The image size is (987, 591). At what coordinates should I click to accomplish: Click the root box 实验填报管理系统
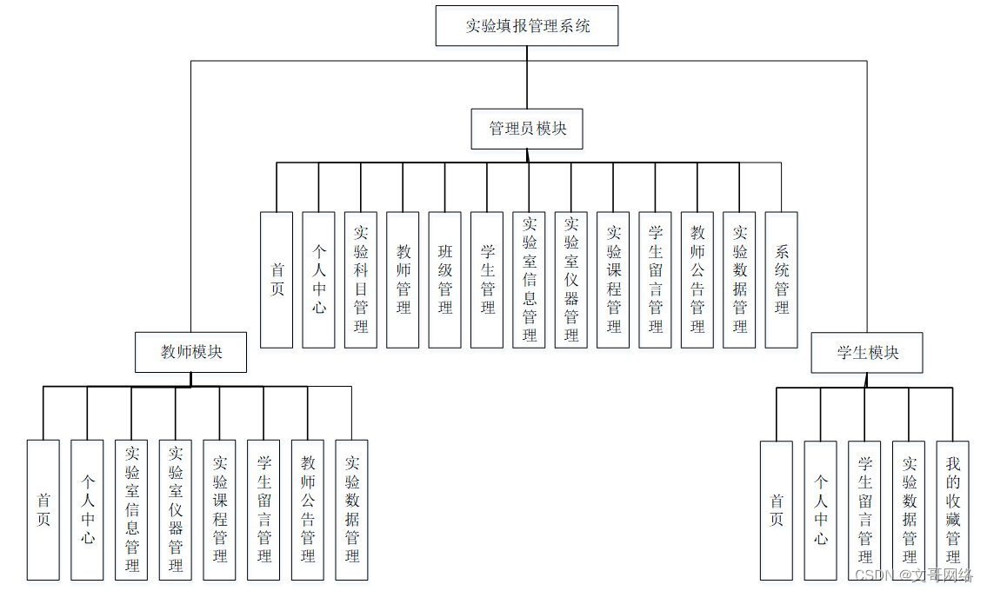[x=527, y=26]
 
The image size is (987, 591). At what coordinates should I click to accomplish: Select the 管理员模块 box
[x=527, y=129]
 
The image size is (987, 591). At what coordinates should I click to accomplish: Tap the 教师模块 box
[x=191, y=352]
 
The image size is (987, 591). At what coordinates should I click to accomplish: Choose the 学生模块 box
[x=867, y=353]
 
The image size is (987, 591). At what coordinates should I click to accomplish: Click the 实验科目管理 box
[x=361, y=280]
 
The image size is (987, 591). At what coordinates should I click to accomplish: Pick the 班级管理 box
[x=445, y=280]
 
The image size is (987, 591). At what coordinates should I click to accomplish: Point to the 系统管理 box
[x=782, y=280]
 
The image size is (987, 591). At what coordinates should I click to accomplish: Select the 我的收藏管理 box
[x=952, y=510]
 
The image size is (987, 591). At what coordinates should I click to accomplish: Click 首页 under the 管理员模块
[x=277, y=280]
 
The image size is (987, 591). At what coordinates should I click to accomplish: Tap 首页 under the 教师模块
[x=43, y=510]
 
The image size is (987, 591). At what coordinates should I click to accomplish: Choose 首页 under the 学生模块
[x=777, y=510]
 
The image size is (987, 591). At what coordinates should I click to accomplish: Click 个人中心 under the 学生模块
[x=821, y=510]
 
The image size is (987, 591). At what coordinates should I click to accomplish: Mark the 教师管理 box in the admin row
[x=403, y=280]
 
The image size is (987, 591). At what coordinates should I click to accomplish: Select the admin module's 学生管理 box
[x=487, y=280]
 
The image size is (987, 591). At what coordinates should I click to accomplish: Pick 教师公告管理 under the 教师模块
[x=308, y=510]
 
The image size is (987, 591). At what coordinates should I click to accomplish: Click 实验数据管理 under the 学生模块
[x=909, y=510]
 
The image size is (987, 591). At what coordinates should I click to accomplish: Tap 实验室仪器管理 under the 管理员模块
[x=571, y=280]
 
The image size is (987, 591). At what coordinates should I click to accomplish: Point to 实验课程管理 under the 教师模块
[x=220, y=510]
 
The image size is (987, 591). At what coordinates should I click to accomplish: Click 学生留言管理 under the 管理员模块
[x=656, y=280]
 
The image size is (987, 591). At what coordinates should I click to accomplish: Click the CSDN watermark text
[x=914, y=575]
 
